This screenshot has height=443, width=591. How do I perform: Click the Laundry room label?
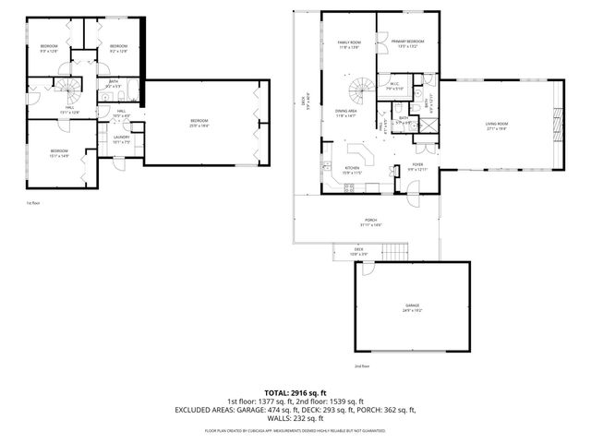point(122,140)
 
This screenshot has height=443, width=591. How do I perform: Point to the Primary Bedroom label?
point(407,42)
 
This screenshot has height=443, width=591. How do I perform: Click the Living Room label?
point(498,126)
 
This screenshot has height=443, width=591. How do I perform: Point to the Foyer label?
point(416,167)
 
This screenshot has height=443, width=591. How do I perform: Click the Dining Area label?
point(345,114)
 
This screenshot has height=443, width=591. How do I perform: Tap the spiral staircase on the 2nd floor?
point(360,90)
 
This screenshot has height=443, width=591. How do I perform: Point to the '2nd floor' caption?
point(361,365)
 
